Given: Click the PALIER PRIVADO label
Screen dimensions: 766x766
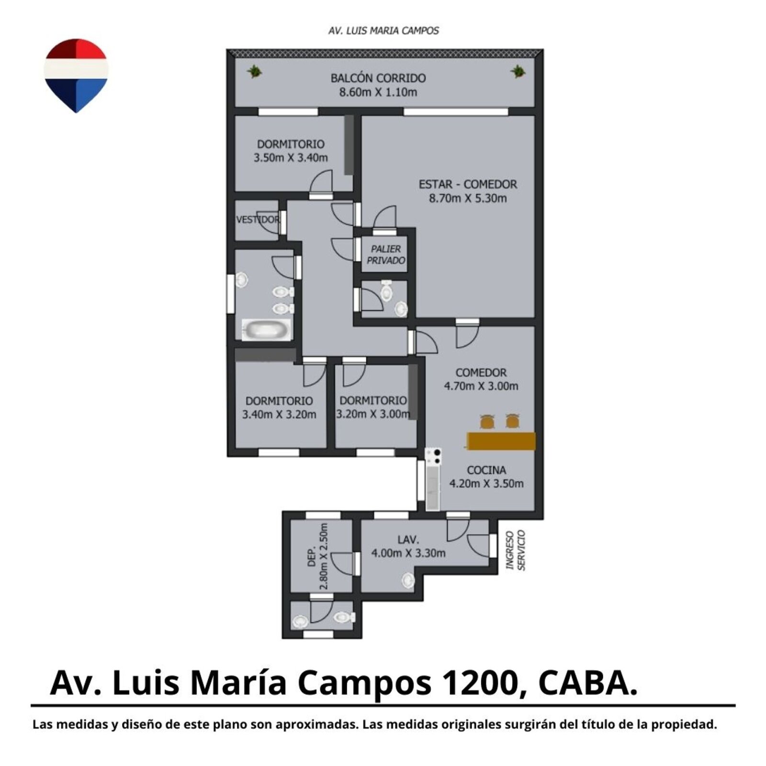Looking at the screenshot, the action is [386, 255].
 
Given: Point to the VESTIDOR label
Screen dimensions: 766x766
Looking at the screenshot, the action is [258, 220].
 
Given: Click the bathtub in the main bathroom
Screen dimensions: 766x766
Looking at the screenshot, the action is [266, 329].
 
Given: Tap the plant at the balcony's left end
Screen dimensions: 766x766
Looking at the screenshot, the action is [254, 72].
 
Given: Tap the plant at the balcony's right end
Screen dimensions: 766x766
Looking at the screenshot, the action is [518, 72].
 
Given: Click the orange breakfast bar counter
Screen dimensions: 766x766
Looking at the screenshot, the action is [501, 441].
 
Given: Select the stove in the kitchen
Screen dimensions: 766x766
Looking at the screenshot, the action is [434, 457].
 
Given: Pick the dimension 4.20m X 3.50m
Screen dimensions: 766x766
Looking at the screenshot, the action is [486, 484].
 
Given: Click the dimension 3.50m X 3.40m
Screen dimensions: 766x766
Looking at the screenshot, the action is [291, 158].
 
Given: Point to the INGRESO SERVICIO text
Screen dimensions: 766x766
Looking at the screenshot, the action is [516, 551].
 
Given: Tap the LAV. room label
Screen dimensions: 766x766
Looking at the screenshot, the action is [408, 540].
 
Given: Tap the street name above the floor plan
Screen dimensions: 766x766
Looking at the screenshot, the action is [383, 31].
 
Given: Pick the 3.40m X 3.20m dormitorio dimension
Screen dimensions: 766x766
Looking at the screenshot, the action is [279, 415].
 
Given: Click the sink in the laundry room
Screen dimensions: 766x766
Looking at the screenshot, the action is [408, 581].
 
